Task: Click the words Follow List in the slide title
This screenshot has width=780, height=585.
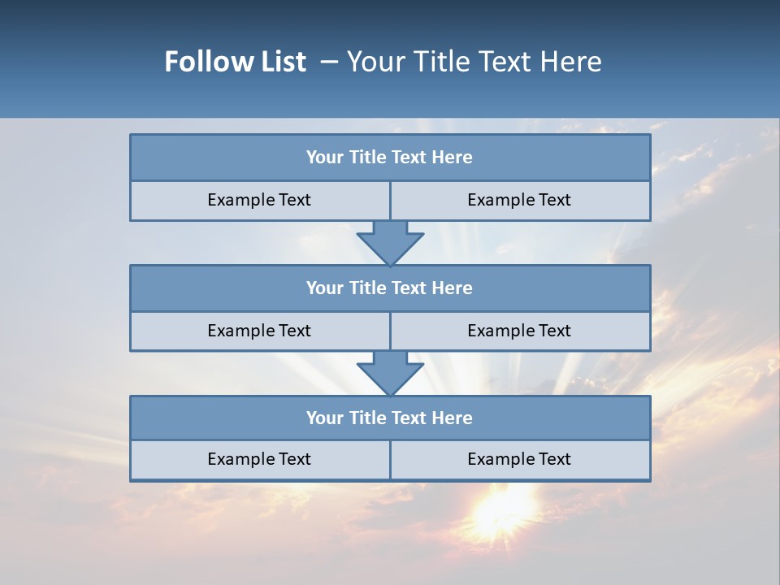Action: pos(235,62)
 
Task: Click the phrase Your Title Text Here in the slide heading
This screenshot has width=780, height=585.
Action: pos(474,62)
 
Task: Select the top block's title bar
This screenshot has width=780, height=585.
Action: pos(390,158)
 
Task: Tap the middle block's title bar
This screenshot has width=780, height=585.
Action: pos(390,288)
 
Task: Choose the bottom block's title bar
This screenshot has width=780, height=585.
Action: pos(390,418)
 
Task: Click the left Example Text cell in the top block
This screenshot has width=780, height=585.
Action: pos(259,200)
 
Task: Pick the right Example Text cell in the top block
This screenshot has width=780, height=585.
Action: pos(519,200)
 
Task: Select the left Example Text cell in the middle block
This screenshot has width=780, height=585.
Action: pos(259,331)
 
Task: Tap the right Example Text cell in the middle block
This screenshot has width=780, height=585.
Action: pos(519,331)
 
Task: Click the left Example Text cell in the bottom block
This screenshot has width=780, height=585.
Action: pos(259,459)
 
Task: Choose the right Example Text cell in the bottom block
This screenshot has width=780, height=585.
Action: pos(519,459)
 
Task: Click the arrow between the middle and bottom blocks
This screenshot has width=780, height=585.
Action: pos(390,373)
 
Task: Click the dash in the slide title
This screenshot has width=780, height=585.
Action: pos(329,62)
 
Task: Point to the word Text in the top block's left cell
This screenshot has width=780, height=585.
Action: pos(296,200)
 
